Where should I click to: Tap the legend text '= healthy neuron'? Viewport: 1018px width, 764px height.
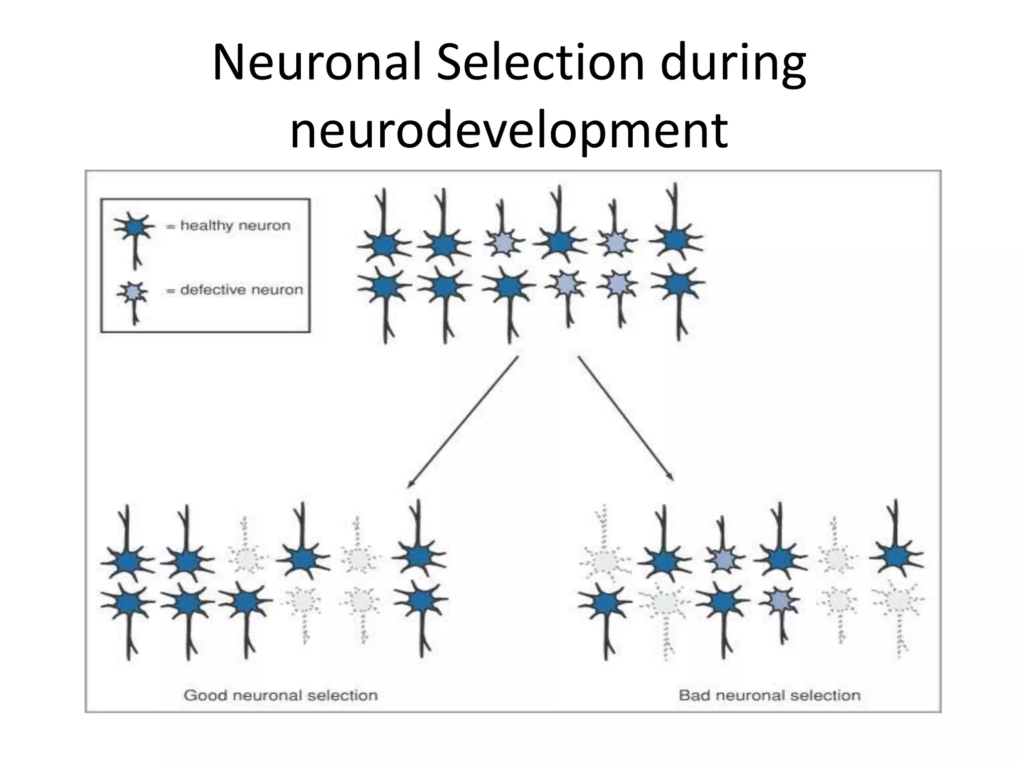click(228, 226)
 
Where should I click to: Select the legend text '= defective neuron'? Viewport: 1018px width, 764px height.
click(234, 290)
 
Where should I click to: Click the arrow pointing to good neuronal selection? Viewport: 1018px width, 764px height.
click(462, 422)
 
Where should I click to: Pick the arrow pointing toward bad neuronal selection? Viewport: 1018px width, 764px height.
click(626, 418)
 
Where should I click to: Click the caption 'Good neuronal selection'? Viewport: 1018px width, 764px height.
click(281, 695)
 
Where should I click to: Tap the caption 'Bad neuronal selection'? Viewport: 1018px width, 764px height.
click(769, 695)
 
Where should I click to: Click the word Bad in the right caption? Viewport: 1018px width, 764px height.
click(694, 695)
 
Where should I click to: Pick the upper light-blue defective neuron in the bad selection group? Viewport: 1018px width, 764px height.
click(724, 559)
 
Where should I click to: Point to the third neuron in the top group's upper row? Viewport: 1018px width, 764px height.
click(504, 243)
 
